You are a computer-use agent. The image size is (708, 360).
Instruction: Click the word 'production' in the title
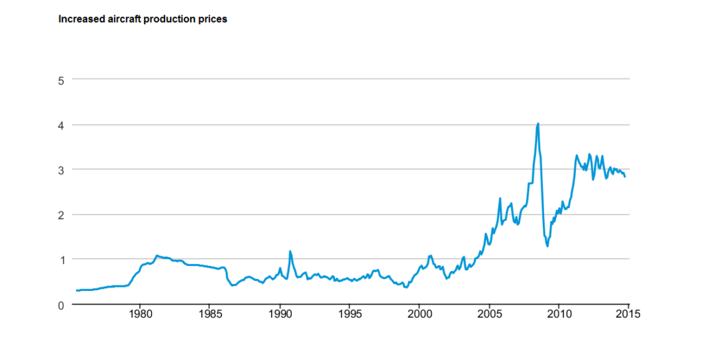(x=170, y=19)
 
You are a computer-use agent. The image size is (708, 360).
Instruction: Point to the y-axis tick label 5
(x=61, y=80)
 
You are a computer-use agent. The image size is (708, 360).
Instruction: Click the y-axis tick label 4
(x=61, y=125)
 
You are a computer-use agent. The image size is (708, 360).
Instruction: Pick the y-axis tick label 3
(x=61, y=170)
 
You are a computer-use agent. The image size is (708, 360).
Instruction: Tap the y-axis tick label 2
(x=61, y=215)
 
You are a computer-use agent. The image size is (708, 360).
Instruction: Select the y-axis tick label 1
(x=61, y=260)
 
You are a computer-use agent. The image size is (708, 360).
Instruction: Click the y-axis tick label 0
(x=61, y=305)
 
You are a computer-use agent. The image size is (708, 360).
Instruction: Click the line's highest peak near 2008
(x=538, y=124)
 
